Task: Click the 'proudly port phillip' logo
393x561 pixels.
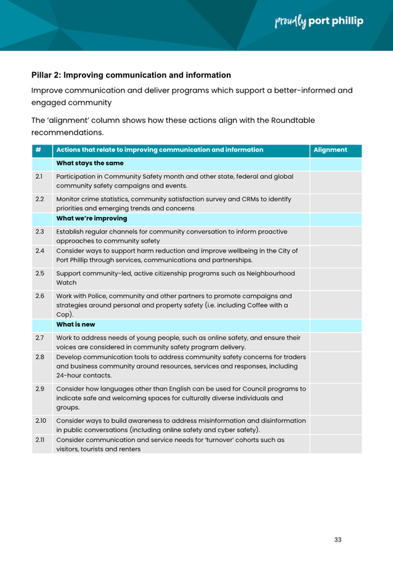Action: [x=318, y=22]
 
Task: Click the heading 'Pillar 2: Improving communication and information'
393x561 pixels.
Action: [x=131, y=75]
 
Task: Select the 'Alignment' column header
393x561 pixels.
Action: [x=330, y=149]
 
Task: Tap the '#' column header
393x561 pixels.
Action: [x=38, y=149]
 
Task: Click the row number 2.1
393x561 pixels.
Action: [x=39, y=176]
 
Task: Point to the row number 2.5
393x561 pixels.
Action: [x=39, y=274]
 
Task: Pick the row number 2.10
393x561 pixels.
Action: [x=40, y=420]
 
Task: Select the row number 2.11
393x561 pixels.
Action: [x=39, y=440]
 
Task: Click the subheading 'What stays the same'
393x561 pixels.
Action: [x=90, y=163]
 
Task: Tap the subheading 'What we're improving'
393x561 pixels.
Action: [x=92, y=218]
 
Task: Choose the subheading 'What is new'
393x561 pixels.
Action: [x=76, y=324]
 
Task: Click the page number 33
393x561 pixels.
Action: [x=338, y=539]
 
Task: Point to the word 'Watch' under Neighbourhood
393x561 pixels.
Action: [x=66, y=284]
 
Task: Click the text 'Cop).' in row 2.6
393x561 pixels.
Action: [x=65, y=314]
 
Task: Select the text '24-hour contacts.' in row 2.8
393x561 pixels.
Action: [x=84, y=375]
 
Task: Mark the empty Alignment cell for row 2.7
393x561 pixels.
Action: [x=335, y=341]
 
